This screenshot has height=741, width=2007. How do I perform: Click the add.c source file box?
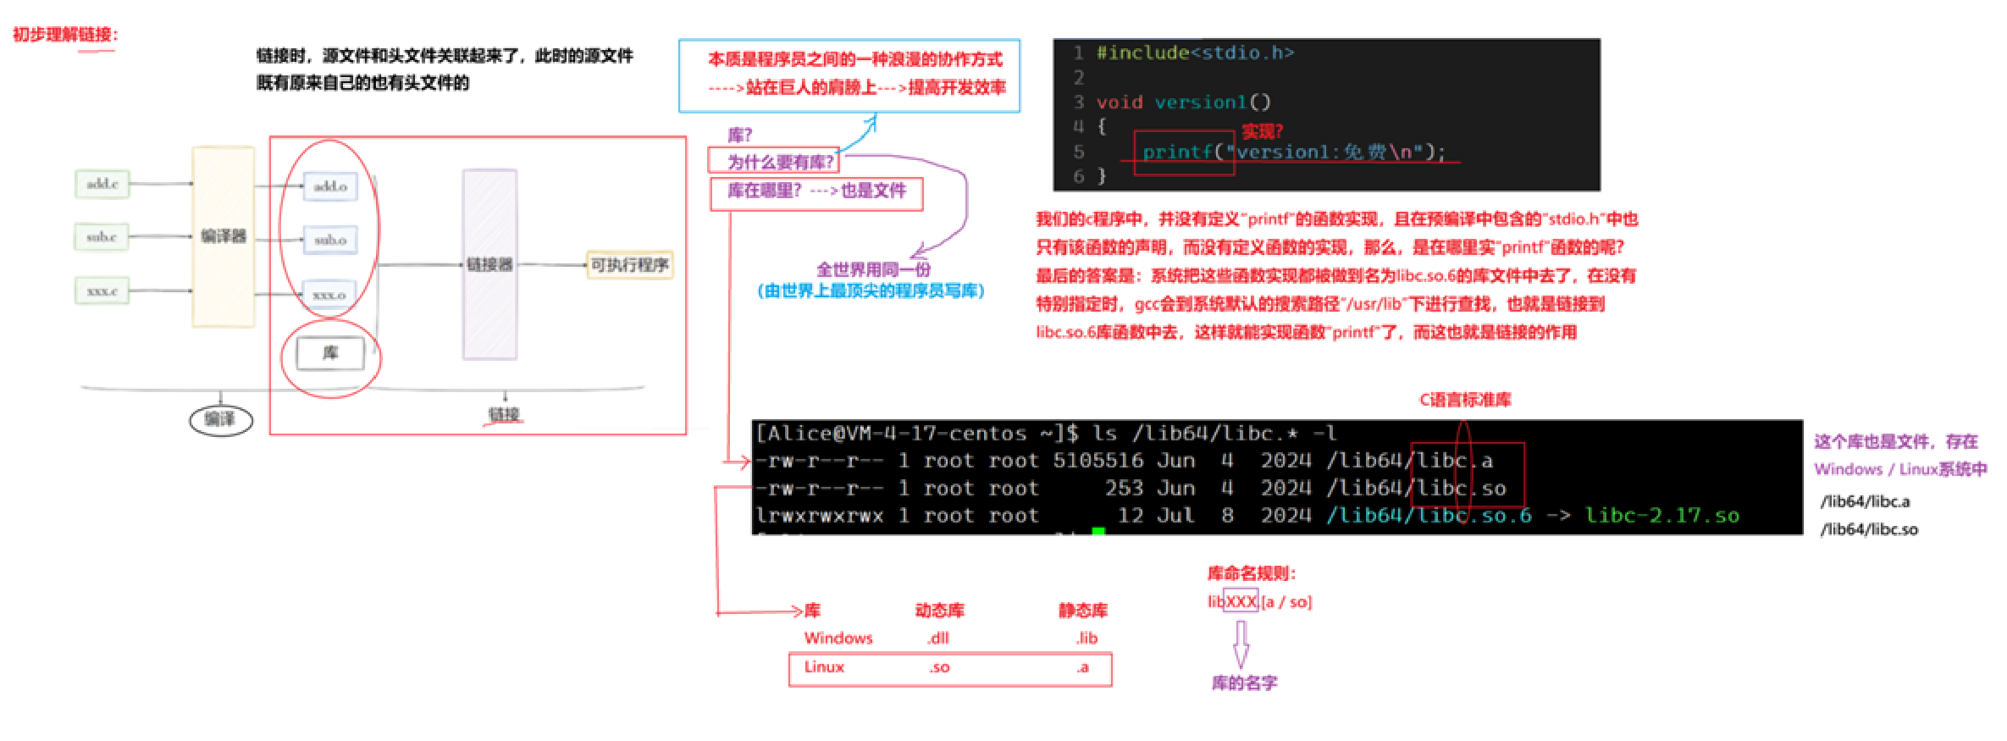(102, 184)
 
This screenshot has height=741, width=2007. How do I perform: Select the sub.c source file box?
(102, 237)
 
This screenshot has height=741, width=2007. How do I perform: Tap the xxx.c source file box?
(102, 291)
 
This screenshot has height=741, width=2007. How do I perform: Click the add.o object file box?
(330, 186)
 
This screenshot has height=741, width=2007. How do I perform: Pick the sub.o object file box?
(330, 241)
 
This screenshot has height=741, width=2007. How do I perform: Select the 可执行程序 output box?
(629, 265)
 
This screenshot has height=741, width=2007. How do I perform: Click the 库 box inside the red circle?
(330, 353)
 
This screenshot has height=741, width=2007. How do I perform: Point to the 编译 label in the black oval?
(220, 419)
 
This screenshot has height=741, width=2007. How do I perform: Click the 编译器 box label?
(224, 236)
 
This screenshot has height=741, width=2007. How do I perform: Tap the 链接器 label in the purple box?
(489, 265)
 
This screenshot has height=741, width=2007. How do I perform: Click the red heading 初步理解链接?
(64, 35)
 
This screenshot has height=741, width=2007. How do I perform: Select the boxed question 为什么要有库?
(780, 162)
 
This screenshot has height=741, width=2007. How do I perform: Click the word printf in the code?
(1177, 152)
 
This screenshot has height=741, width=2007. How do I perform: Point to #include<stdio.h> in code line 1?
(1195, 53)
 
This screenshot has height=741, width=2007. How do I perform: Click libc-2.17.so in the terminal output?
(1661, 516)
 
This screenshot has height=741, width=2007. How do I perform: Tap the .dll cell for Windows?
(938, 639)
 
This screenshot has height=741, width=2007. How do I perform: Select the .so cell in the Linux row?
(939, 668)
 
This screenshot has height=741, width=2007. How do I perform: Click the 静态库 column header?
(1083, 611)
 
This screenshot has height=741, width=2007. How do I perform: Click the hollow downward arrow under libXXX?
(1241, 645)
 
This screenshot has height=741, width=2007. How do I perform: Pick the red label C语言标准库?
(1465, 400)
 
